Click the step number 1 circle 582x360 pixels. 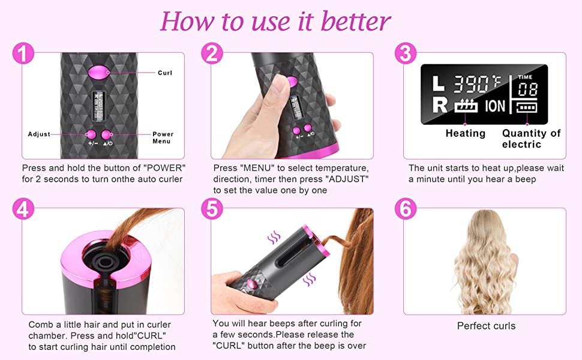tap(23, 53)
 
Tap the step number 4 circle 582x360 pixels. tap(23, 209)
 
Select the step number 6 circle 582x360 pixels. tap(406, 209)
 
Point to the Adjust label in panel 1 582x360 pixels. tap(39, 134)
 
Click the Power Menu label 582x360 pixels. tap(163, 137)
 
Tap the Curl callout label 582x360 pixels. tap(165, 73)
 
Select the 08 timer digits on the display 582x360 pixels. tap(528, 89)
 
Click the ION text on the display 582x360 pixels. tap(495, 106)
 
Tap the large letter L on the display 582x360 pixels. tap(439, 83)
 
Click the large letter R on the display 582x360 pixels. tap(440, 106)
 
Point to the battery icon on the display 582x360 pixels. tap(527, 107)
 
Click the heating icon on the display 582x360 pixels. tap(466, 106)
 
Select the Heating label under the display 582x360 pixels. tap(466, 133)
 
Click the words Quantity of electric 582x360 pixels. tap(531, 139)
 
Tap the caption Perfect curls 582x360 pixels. tap(486, 326)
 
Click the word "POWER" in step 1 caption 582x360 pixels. tap(164, 168)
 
